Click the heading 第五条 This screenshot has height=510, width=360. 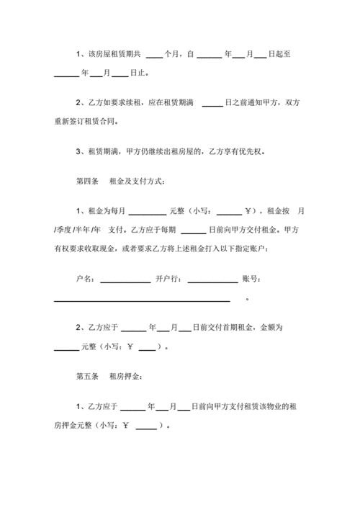[x=86, y=376]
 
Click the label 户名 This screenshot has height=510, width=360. [x=84, y=279]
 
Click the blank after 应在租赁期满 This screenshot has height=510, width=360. [x=212, y=106]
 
